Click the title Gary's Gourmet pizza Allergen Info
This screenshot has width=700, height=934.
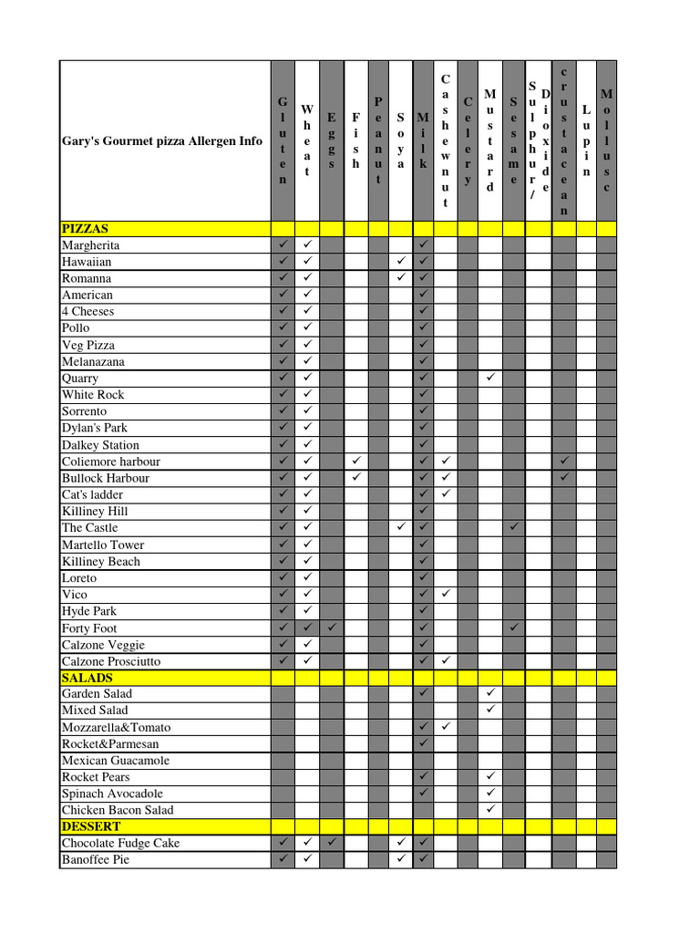[162, 141]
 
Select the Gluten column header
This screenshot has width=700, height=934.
[283, 141]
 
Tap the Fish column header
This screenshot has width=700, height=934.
[356, 141]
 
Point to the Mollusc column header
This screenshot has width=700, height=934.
[606, 141]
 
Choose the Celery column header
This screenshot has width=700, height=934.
[468, 141]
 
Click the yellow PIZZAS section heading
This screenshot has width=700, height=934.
[86, 229]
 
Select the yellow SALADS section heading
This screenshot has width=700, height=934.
[87, 678]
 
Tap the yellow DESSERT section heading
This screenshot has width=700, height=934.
[91, 826]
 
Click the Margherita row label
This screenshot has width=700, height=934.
[91, 245]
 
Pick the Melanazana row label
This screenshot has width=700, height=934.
[93, 361]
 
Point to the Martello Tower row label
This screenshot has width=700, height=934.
[103, 545]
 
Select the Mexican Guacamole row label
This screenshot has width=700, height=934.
[116, 761]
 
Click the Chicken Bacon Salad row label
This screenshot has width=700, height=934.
[118, 810]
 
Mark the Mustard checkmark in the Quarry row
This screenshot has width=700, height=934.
[490, 378]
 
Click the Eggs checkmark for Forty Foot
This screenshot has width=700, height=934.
[332, 628]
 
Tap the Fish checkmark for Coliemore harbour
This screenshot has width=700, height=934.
[356, 461]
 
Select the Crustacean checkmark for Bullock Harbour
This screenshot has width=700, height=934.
[564, 477]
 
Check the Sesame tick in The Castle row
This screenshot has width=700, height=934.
[514, 527]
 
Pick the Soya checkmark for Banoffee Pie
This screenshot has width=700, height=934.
[401, 859]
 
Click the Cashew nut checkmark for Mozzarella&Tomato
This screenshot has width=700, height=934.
[446, 727]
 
